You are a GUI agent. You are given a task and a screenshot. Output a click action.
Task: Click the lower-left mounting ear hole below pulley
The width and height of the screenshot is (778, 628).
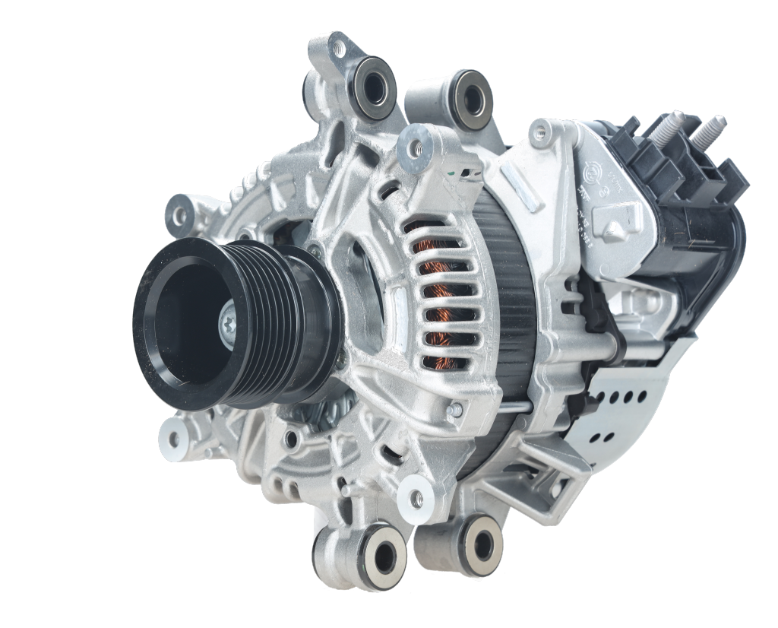pos(173,439)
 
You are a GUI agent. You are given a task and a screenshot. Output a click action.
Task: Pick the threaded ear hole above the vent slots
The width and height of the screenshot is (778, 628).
pos(417,143)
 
